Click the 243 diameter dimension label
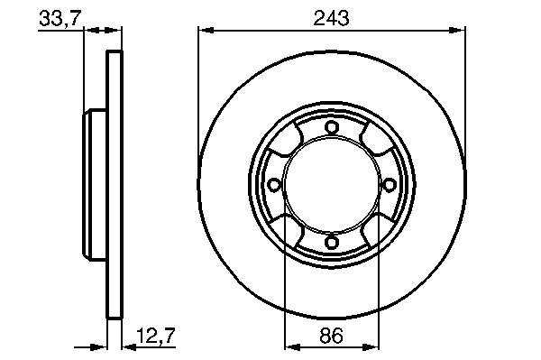pyautogui.click(x=331, y=18)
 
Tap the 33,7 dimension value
pyautogui.click(x=60, y=18)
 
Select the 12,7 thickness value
pyautogui.click(x=156, y=335)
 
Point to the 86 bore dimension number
pyautogui.click(x=331, y=335)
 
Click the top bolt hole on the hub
pyautogui.click(x=332, y=128)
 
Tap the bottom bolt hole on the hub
pyautogui.click(x=332, y=243)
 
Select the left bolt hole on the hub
pyautogui.click(x=274, y=185)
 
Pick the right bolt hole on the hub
pyautogui.click(x=389, y=185)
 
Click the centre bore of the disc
pyautogui.click(x=332, y=185)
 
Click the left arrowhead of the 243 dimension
pyautogui.click(x=206, y=31)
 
